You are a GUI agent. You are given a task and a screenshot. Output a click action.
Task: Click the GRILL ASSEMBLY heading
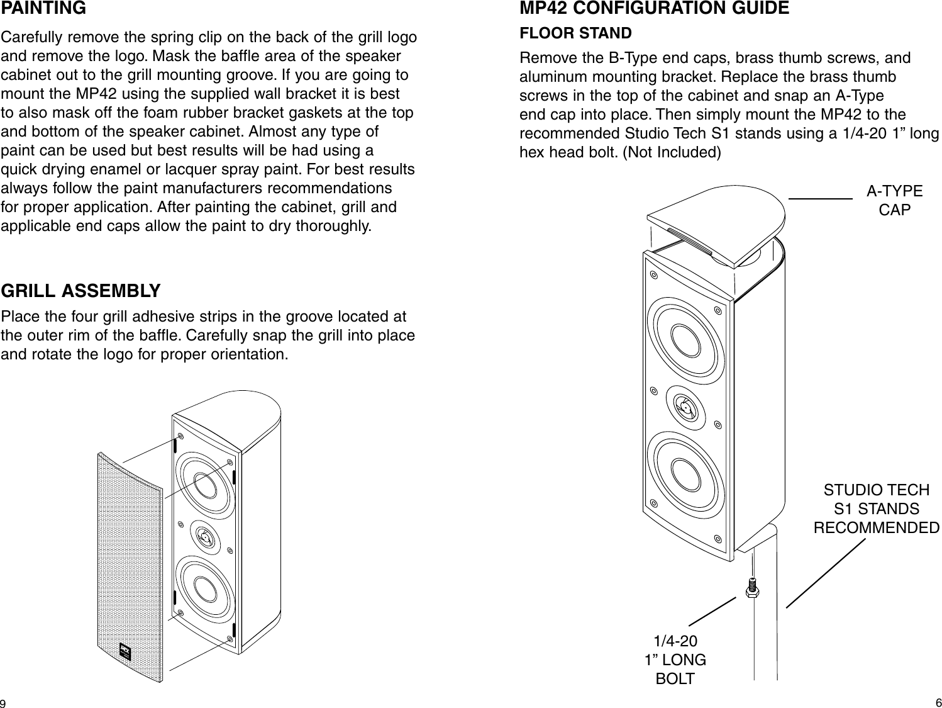click(x=81, y=291)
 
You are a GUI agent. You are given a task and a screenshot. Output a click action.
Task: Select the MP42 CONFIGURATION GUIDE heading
click(x=655, y=9)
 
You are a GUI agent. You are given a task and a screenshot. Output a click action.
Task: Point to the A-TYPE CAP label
click(x=894, y=200)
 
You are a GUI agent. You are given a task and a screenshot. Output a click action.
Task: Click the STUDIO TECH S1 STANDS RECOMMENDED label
click(x=877, y=509)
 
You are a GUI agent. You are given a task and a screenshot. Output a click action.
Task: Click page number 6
click(x=937, y=702)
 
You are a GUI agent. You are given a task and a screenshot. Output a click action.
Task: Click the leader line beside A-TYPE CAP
click(x=819, y=198)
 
